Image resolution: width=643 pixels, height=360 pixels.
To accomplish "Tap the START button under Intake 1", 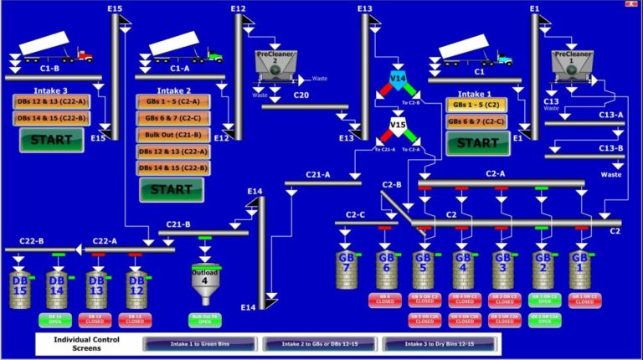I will (477, 143).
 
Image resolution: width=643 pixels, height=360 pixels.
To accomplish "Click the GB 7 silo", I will (346, 270).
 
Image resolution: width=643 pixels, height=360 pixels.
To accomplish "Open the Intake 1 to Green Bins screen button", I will (201, 344).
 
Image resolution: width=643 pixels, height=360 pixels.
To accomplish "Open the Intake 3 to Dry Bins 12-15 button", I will (440, 344).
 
